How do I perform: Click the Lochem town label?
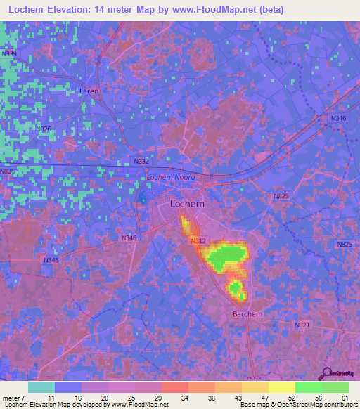tap(188, 204)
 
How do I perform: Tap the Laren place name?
tap(89, 91)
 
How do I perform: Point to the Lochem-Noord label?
tap(170, 177)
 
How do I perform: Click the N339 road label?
tap(9, 53)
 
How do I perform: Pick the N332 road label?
tap(141, 162)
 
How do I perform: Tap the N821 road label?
tap(302, 325)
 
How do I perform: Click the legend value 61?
tap(345, 397)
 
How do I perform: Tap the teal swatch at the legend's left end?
tap(41, 387)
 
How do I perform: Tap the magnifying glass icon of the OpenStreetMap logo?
tap(327, 374)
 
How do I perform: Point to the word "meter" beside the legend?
tap(11, 397)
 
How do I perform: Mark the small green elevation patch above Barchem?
tap(236, 287)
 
